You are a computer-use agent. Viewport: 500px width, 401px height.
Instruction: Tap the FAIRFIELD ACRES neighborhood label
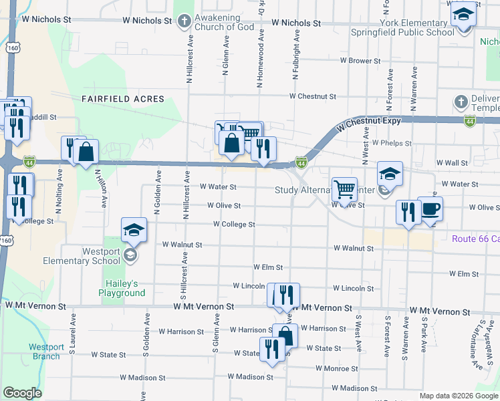(x=123, y=99)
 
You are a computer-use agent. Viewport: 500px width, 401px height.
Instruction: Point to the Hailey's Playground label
(x=122, y=288)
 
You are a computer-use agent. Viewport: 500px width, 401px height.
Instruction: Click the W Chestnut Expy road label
(x=369, y=123)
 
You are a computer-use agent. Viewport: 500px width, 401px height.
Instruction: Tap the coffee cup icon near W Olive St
(x=430, y=208)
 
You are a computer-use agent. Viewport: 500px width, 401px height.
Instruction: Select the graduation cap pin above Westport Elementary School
(x=134, y=231)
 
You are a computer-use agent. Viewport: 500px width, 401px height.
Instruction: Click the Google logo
(x=22, y=393)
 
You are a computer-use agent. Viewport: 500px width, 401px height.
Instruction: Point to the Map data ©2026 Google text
(x=458, y=396)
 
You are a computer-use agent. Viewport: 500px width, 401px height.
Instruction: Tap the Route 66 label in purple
(x=475, y=239)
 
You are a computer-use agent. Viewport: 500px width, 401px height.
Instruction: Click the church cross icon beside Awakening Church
(x=185, y=21)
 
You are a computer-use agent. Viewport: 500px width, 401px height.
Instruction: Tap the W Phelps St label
(x=392, y=143)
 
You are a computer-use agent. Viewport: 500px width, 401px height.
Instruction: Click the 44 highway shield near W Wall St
(x=302, y=162)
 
